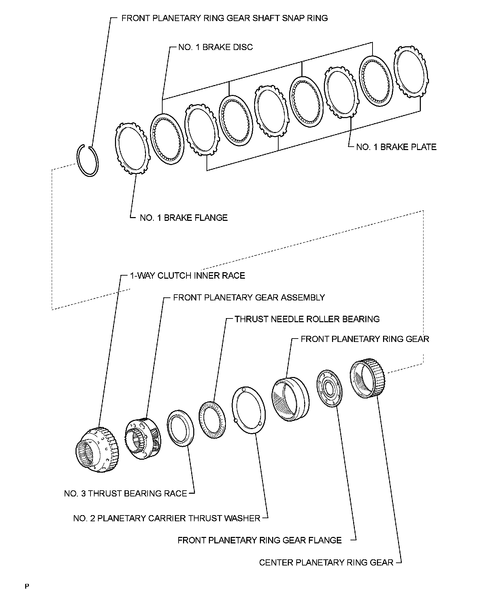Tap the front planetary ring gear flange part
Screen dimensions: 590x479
coord(329,388)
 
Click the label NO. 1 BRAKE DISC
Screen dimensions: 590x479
coord(215,47)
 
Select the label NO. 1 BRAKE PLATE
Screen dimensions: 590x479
coord(396,147)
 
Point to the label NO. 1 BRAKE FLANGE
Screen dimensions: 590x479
coord(184,218)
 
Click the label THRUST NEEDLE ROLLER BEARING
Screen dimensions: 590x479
coord(307,319)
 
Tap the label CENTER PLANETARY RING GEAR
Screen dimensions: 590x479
coord(326,562)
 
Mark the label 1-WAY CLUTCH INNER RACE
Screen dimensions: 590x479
coord(187,275)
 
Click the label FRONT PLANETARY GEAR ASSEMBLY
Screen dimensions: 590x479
coord(249,298)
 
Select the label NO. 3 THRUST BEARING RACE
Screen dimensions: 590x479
coord(126,493)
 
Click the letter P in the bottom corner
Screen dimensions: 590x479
coord(27,586)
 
